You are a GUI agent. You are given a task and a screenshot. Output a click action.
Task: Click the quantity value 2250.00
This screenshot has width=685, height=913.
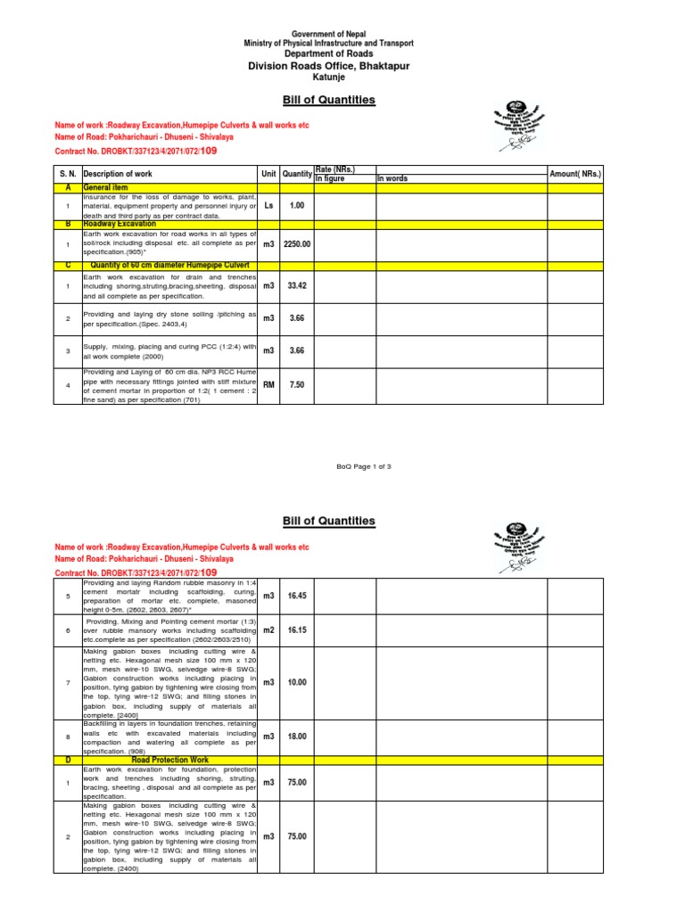pyautogui.click(x=296, y=243)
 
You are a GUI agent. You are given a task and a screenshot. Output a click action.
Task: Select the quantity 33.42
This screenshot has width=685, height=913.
pyautogui.click(x=296, y=286)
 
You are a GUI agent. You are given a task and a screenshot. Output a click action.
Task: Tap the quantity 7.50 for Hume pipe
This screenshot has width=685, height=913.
pyautogui.click(x=296, y=385)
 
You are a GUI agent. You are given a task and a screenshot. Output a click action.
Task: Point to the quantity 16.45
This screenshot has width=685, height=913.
pyautogui.click(x=296, y=595)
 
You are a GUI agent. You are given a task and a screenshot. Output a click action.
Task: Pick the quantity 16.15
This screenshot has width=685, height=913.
pyautogui.click(x=296, y=629)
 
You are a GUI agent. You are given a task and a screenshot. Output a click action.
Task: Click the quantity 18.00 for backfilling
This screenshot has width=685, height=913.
pyautogui.click(x=296, y=736)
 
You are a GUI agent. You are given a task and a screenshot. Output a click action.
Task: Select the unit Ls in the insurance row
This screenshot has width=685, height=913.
pyautogui.click(x=268, y=205)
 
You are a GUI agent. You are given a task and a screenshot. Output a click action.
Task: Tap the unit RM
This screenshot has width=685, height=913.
pyautogui.click(x=268, y=385)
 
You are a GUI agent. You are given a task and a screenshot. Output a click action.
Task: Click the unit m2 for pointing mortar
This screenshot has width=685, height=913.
pyautogui.click(x=268, y=629)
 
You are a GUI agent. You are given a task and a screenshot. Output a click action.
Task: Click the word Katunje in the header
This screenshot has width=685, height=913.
pyautogui.click(x=328, y=78)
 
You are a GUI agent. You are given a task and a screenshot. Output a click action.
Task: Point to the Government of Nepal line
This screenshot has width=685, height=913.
pyautogui.click(x=328, y=33)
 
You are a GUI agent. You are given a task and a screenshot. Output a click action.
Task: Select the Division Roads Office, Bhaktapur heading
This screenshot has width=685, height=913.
pyautogui.click(x=328, y=66)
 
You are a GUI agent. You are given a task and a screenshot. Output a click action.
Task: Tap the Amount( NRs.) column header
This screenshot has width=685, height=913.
pyautogui.click(x=575, y=174)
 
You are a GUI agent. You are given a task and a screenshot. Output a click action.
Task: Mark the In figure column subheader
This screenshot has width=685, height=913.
pyautogui.click(x=329, y=179)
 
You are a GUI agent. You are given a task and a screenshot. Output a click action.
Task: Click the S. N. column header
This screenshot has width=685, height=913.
pyautogui.click(x=67, y=174)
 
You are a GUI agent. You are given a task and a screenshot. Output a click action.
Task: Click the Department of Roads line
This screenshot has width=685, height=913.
pyautogui.click(x=328, y=54)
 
